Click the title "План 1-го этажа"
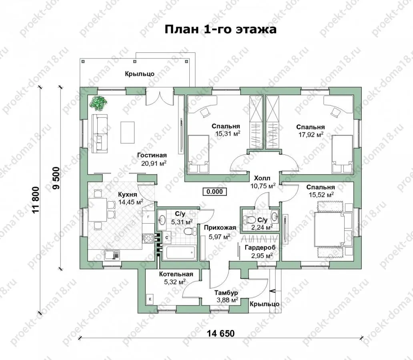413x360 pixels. (221, 29)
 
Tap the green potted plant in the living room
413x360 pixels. (98, 102)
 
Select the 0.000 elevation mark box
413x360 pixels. (215, 192)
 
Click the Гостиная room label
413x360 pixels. (152, 155)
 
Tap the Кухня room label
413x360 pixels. (128, 195)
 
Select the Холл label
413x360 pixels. (262, 178)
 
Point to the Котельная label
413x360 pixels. (176, 274)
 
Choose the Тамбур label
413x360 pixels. (226, 293)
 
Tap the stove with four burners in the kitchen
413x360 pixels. (148, 238)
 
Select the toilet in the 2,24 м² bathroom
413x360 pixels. (249, 219)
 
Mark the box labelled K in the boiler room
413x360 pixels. (150, 299)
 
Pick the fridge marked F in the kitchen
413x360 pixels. (148, 217)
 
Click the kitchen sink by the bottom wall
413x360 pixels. (112, 255)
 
